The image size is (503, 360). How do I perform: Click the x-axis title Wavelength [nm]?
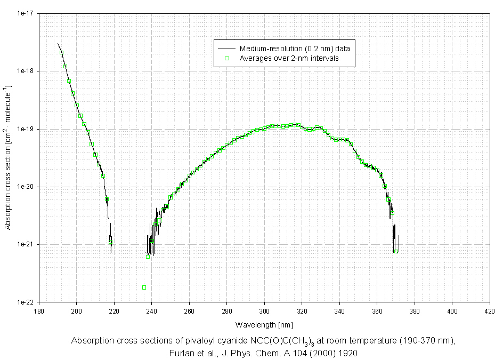click(264, 324)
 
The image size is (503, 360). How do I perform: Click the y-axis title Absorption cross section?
click(8, 157)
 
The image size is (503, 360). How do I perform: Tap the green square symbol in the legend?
click(226, 58)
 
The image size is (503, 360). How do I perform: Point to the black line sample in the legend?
click(226, 49)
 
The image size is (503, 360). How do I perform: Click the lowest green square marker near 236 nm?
click(144, 287)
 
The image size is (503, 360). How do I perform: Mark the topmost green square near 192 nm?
click(62, 52)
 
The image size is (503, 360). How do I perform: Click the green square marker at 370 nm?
click(396, 251)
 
